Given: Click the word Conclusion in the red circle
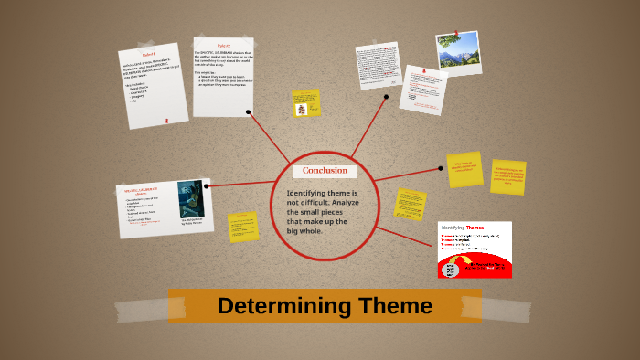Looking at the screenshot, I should [325, 171].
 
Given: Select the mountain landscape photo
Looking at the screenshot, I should [458, 53].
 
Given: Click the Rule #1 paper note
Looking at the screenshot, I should [153, 85].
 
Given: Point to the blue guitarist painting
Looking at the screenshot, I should [190, 198].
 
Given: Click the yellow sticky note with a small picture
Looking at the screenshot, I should [306, 102].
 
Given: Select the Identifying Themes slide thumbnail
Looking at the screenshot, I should [475, 249].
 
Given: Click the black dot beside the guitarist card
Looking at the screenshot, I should [208, 185].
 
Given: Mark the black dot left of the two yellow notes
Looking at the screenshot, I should [440, 168].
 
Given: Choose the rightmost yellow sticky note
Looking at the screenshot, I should [509, 178].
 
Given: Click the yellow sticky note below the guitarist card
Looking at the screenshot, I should [243, 227].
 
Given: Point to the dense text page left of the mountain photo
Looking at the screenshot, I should [379, 67].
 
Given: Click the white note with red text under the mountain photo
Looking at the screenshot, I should [422, 90].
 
